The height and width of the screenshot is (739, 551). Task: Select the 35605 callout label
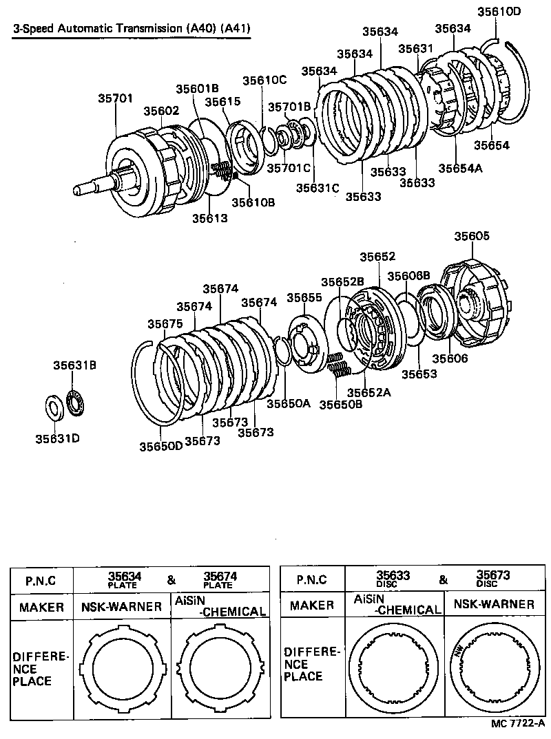[x=472, y=236]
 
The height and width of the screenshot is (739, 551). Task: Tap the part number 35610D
[x=499, y=12]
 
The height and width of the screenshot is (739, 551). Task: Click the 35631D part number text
[x=54, y=438]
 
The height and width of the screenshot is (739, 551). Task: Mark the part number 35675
[x=165, y=324]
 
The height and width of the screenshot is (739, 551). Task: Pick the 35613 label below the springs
[x=210, y=218]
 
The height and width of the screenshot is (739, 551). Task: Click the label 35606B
[x=408, y=275]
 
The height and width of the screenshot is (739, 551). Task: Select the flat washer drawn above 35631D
[x=54, y=406]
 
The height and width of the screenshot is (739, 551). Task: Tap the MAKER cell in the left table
[x=41, y=608]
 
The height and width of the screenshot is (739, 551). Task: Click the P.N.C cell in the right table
[x=311, y=579]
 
